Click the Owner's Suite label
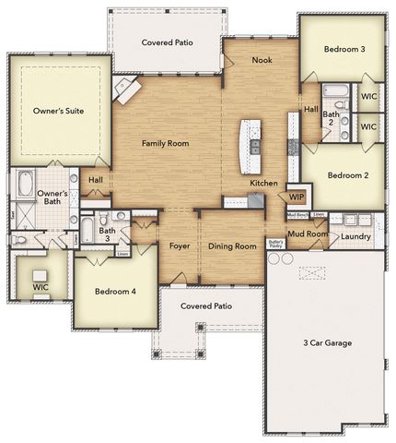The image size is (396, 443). click(58, 110)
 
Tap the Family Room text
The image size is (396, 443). click(165, 144)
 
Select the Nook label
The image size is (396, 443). click(262, 60)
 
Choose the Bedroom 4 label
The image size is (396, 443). click(116, 291)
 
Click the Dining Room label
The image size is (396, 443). click(232, 246)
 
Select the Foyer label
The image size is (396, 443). click(180, 246)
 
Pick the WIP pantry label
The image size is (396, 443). click(297, 197)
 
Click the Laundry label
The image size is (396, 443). click(355, 236)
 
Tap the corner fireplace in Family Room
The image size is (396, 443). click(125, 89)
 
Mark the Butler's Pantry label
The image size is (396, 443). click(274, 244)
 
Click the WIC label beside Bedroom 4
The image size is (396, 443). click(41, 287)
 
